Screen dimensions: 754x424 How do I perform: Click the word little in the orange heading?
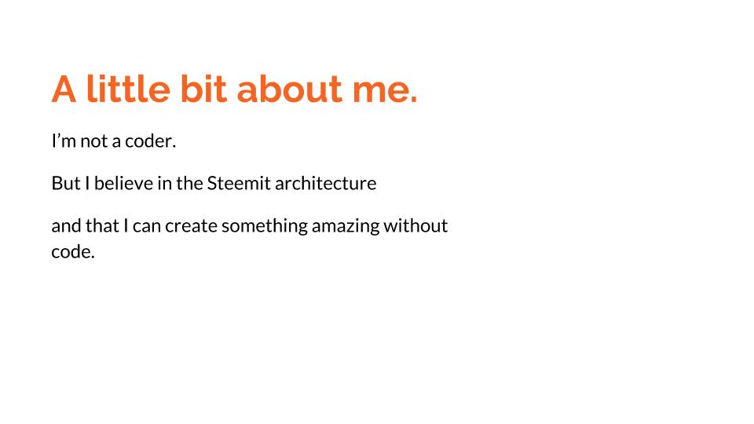(x=128, y=89)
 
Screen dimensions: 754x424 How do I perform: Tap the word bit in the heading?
(x=203, y=89)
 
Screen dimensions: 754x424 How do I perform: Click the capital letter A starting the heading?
(x=64, y=89)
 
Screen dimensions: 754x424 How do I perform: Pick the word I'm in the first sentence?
(x=64, y=141)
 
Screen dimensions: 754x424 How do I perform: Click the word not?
(x=93, y=141)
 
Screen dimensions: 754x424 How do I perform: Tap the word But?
(x=66, y=183)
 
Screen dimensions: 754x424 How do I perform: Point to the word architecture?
(x=325, y=183)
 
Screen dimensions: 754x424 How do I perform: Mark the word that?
(x=102, y=225)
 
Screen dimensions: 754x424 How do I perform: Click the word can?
(x=147, y=227)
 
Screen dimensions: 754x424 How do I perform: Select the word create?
(x=191, y=226)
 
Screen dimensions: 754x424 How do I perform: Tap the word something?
(x=265, y=226)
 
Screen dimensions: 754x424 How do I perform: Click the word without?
(x=415, y=225)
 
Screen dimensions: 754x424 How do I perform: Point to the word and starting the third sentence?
(x=66, y=225)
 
